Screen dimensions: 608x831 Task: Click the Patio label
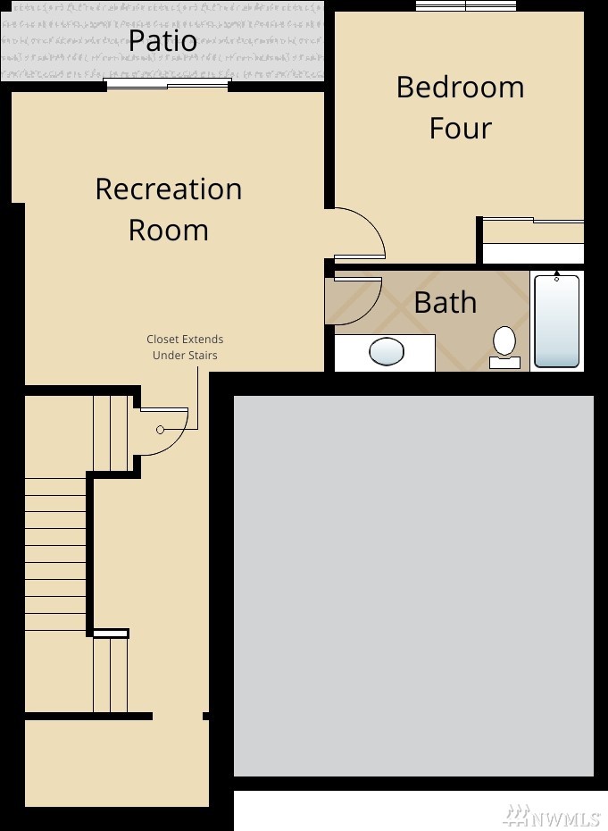[x=162, y=41]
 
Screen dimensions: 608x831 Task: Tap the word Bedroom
[x=460, y=87]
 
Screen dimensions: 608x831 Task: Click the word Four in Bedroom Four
[x=460, y=129]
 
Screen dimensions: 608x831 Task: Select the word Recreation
[x=169, y=189]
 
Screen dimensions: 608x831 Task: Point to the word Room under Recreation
[x=169, y=230]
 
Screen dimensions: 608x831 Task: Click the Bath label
[x=445, y=303]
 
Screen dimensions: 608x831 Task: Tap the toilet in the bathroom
[x=504, y=347]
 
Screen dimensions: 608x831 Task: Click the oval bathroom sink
[x=386, y=351]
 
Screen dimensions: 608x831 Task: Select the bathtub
[x=556, y=321]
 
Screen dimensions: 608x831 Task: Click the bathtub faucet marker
[x=556, y=275]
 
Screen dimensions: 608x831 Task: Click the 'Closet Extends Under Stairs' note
[x=185, y=347]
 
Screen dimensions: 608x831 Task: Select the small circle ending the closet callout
[x=161, y=430]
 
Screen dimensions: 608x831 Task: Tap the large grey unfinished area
[x=413, y=585]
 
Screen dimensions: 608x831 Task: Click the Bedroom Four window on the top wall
[x=465, y=5]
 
